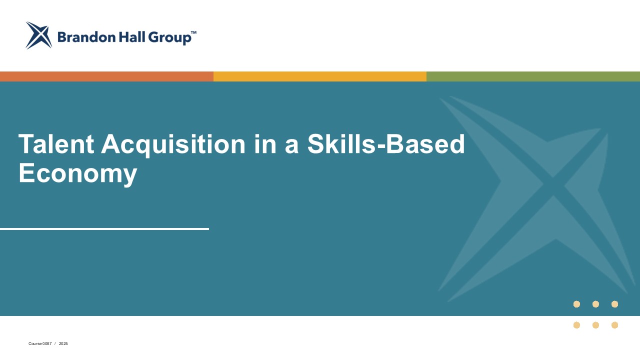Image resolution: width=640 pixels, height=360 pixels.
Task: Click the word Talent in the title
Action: pos(56,144)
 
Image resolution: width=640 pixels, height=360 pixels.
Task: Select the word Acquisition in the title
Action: pos(173,144)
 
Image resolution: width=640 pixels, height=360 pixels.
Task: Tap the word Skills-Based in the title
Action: pos(386,144)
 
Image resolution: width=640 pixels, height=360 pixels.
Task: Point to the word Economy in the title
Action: pos(77,173)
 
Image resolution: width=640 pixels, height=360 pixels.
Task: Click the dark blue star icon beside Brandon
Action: pos(38,35)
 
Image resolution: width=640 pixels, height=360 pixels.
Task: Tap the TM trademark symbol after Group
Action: pos(193,32)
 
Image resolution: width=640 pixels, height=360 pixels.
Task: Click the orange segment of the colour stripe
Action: pos(106,76)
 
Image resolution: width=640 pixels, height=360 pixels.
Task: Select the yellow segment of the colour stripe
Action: pos(320,76)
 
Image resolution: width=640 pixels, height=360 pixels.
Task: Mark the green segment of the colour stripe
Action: pos(533,76)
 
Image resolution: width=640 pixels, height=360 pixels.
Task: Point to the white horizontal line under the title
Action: pos(104,229)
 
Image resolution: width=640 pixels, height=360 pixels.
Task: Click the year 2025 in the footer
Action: pos(63,344)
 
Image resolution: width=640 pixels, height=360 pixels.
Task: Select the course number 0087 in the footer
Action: pos(47,344)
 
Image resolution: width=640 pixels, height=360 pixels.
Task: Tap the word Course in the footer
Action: pos(35,344)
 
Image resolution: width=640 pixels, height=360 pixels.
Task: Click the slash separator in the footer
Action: pos(55,344)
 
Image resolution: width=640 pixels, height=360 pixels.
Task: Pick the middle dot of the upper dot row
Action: pos(595,304)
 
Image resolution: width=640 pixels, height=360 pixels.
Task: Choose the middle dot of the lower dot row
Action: pos(595,325)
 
